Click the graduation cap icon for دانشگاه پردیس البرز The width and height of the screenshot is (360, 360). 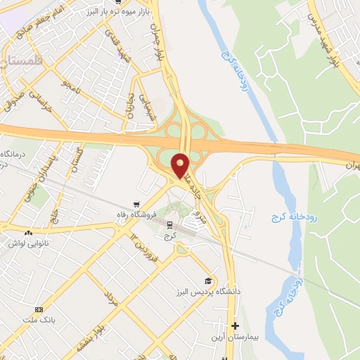[207, 281]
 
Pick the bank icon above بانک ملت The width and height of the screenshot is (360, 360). [39, 309]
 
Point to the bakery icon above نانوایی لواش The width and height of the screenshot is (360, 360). [28, 233]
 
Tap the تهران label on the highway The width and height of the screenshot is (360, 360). [352, 164]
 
